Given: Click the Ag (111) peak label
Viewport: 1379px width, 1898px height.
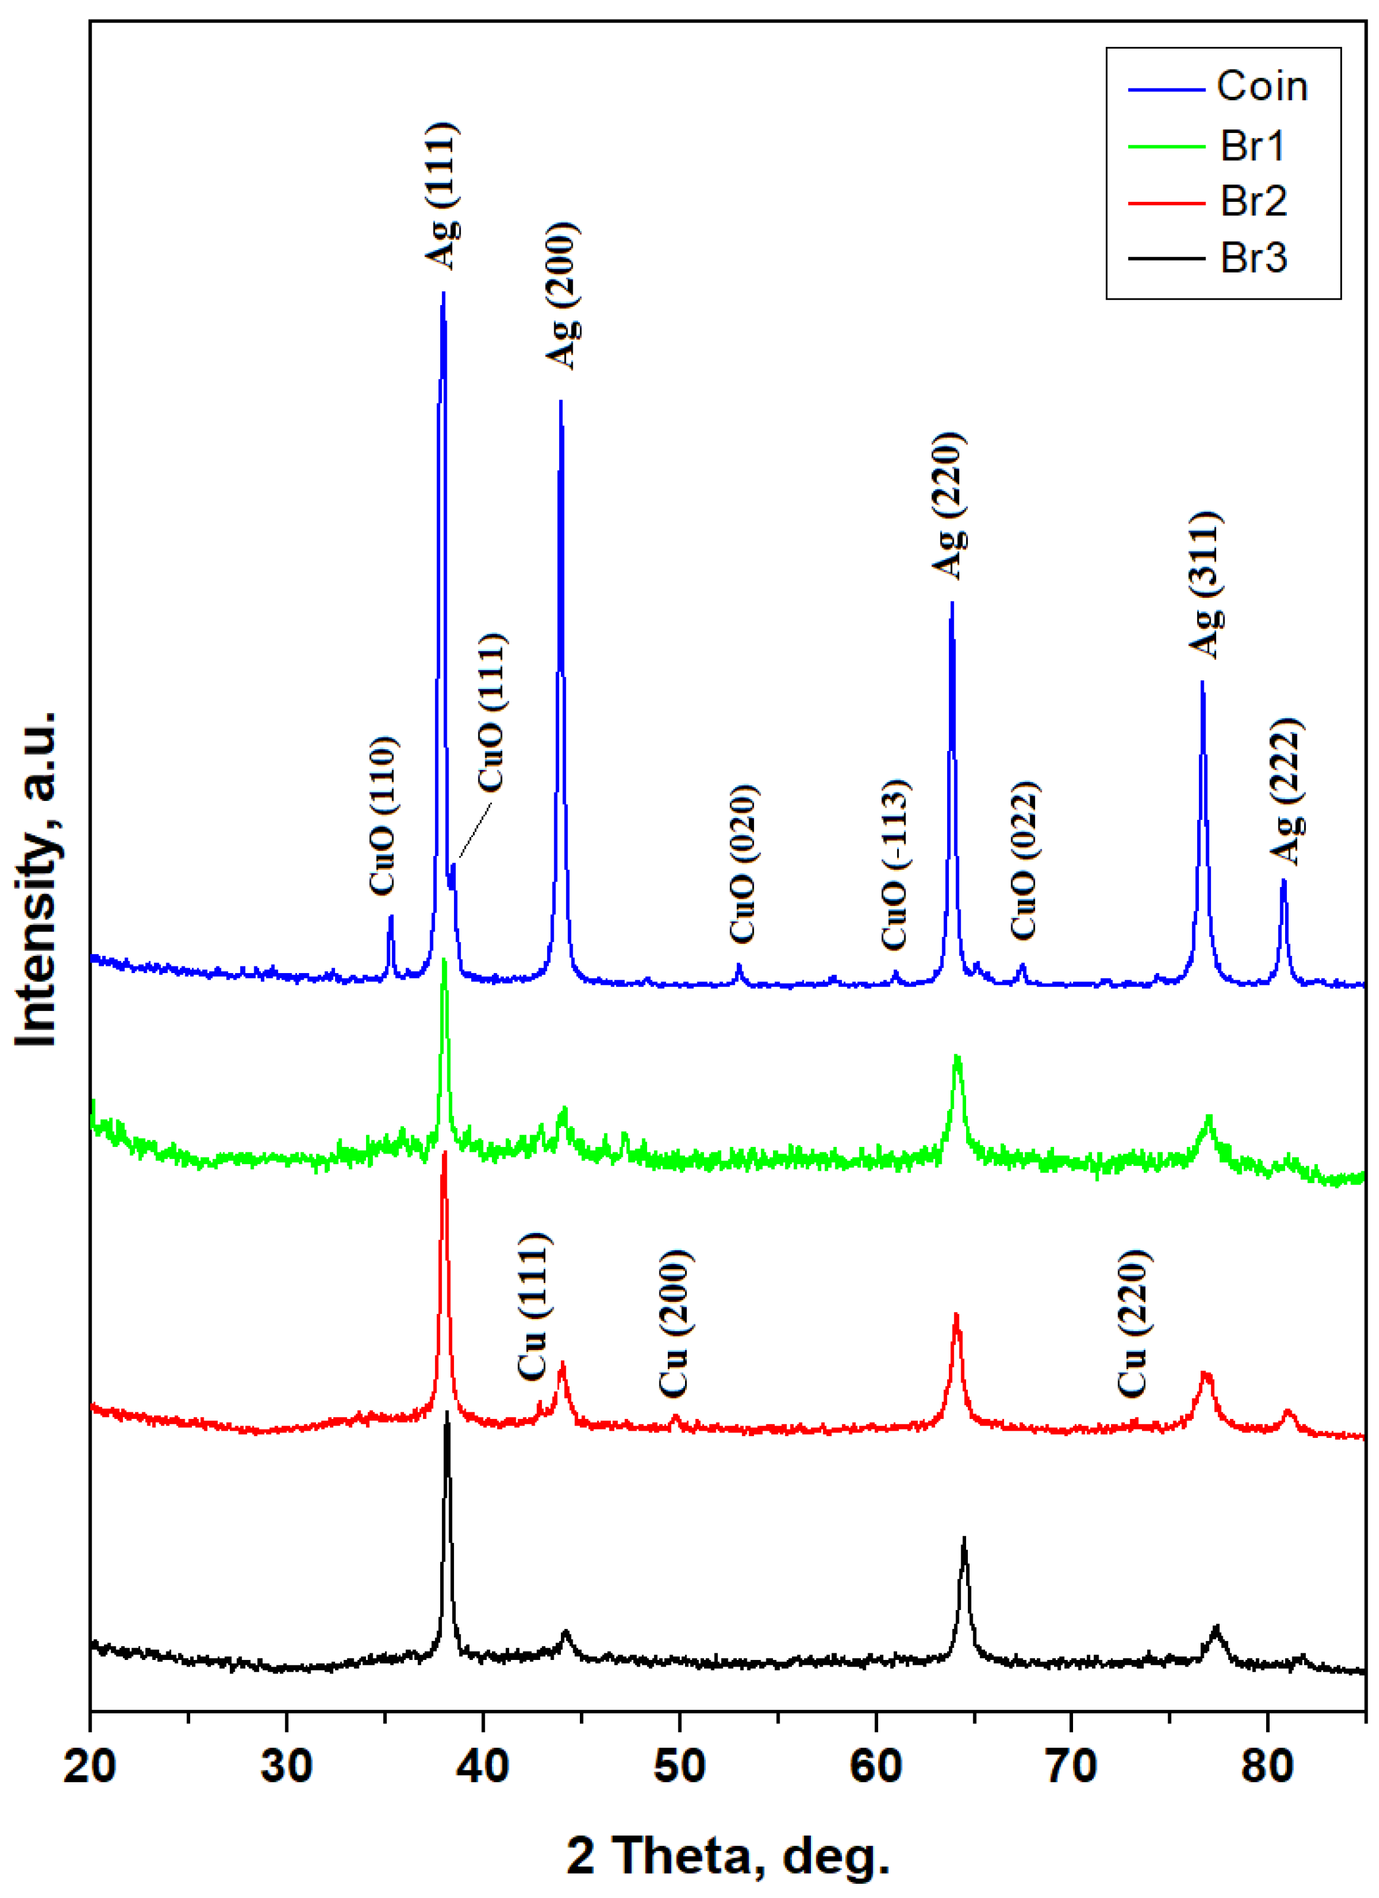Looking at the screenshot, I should tap(441, 196).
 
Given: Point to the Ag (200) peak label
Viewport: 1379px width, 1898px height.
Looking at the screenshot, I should tap(563, 296).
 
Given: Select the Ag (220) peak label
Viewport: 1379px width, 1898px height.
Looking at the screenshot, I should tap(949, 505).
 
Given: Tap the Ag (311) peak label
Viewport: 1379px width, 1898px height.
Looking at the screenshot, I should tap(1206, 584).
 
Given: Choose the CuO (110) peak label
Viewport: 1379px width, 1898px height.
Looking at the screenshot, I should tap(383, 815).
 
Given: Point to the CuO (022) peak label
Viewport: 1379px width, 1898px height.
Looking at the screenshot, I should tap(1024, 860).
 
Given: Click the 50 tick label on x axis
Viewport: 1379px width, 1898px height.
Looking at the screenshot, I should tap(679, 1766).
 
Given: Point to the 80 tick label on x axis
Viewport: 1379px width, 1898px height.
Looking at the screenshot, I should tap(1268, 1766).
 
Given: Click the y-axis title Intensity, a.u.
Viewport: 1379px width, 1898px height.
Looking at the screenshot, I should tap(37, 879).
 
